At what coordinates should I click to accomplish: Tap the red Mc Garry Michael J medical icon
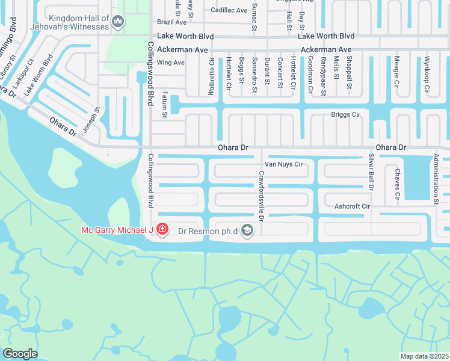(162, 229)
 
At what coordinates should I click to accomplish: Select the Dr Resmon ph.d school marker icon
(247, 230)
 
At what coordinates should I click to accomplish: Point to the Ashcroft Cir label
(352, 206)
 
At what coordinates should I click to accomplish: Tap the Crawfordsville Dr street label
(261, 195)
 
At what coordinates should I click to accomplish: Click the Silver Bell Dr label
(371, 172)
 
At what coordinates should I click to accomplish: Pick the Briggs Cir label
(345, 114)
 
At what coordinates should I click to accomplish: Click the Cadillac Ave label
(230, 10)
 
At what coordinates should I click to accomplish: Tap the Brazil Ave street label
(171, 22)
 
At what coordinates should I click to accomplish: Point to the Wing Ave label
(170, 63)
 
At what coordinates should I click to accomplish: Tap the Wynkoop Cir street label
(427, 74)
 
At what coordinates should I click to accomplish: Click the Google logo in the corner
(20, 354)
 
